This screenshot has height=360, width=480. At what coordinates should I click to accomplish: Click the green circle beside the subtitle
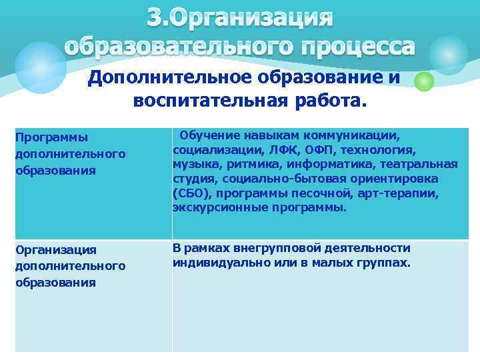click(x=424, y=81)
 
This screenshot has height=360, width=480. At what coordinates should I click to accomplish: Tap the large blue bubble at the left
click(x=40, y=67)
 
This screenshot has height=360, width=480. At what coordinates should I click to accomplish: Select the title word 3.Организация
click(x=239, y=18)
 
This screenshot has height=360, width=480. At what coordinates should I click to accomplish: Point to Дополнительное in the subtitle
click(x=170, y=78)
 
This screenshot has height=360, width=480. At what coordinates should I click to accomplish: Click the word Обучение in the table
click(x=207, y=135)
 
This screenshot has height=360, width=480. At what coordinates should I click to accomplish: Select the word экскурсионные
click(x=211, y=207)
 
